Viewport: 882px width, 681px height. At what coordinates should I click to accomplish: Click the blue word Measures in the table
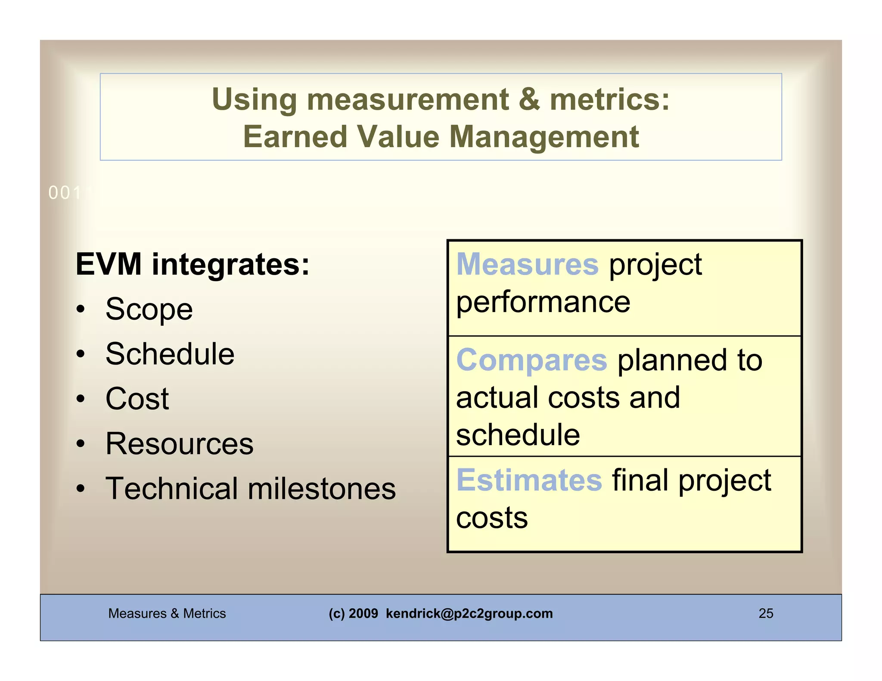tap(527, 264)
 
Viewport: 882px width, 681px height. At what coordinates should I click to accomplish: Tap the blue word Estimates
tap(529, 480)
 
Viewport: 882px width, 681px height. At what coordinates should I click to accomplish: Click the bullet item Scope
tap(149, 310)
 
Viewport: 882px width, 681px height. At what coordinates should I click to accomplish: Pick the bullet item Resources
tap(180, 444)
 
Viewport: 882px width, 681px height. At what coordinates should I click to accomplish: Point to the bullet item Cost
tap(137, 399)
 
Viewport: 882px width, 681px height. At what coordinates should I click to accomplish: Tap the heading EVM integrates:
tap(193, 264)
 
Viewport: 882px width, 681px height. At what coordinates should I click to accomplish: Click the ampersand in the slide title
tap(529, 99)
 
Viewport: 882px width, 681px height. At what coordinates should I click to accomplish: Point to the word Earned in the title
tap(295, 137)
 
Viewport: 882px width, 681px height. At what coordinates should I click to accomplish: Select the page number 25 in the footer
tap(766, 613)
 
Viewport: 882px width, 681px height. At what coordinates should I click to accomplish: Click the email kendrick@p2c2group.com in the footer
tap(469, 613)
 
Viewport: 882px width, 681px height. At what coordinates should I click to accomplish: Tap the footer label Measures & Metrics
tap(167, 613)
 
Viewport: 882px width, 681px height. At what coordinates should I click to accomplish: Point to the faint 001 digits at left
tap(65, 193)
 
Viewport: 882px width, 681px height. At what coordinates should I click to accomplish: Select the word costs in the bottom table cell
tap(492, 517)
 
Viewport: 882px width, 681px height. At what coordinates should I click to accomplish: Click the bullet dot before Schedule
tap(81, 354)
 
